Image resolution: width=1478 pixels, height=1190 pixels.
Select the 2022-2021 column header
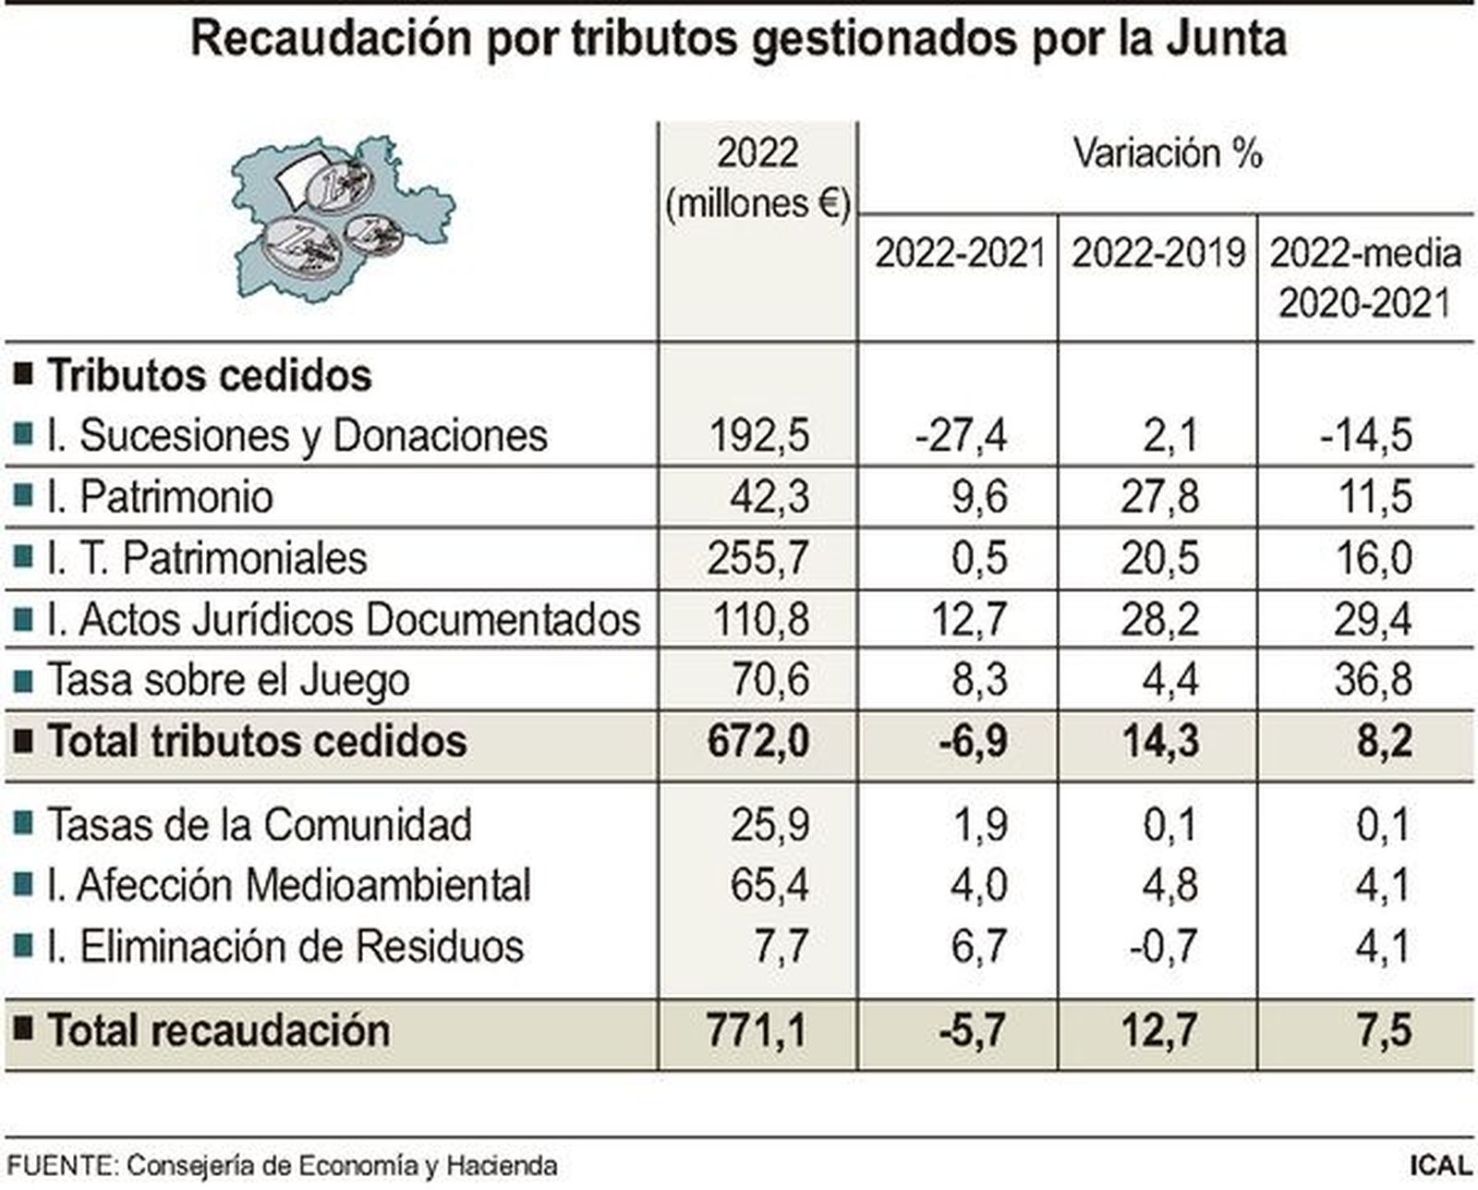[x=959, y=253]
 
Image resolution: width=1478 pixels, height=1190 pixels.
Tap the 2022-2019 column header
[x=1158, y=253]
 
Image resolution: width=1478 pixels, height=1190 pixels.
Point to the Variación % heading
[x=1168, y=153]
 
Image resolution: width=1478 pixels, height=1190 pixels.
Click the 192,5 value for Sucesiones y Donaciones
[x=758, y=435]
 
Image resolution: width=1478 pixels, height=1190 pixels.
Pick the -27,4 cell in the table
[x=961, y=435]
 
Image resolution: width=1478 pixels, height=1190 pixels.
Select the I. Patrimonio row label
[x=159, y=497]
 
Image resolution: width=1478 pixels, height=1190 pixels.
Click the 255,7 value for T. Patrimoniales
[x=758, y=558]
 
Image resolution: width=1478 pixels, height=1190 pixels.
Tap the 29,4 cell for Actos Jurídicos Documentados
[x=1372, y=619]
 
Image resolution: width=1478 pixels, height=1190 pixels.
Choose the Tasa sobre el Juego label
[x=227, y=681]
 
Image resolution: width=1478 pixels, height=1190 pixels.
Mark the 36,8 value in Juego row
[x=1372, y=681]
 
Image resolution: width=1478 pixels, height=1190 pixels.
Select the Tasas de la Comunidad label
[x=259, y=825]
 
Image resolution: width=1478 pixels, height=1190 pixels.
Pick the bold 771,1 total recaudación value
[x=757, y=1030]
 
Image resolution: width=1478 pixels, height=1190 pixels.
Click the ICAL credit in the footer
[x=1441, y=1165]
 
